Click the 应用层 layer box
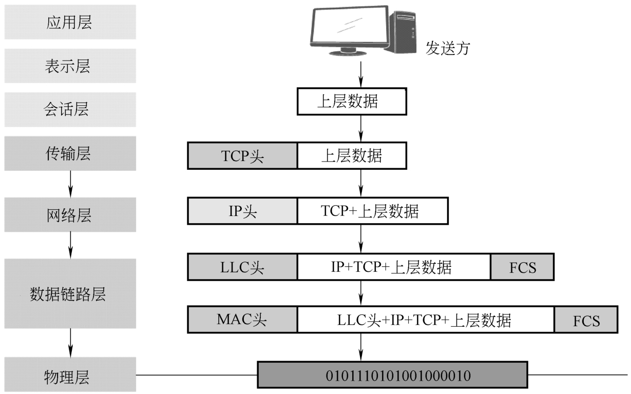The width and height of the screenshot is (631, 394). tap(70, 22)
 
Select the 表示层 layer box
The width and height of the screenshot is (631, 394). tap(70, 66)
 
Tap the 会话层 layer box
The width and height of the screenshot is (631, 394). tap(70, 109)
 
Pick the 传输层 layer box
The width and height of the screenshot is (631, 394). tap(70, 153)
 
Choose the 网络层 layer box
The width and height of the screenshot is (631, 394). tap(70, 215)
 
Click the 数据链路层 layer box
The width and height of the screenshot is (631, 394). tap(70, 293)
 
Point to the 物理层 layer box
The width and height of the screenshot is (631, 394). tap(70, 375)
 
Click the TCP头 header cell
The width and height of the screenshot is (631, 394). tap(242, 155)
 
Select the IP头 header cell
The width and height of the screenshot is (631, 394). tap(242, 211)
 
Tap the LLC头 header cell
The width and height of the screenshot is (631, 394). tap(242, 267)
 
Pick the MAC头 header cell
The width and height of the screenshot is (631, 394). tap(242, 320)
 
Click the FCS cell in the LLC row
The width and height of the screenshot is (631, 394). tap(523, 267)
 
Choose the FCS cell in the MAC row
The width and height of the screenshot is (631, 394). tap(586, 320)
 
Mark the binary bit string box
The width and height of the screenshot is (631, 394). tap(392, 375)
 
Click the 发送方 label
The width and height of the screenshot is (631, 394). tap(448, 48)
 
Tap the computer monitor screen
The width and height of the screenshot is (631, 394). tap(350, 25)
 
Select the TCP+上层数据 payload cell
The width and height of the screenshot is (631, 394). tap(373, 211)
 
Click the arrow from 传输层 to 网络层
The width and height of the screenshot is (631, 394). tap(70, 184)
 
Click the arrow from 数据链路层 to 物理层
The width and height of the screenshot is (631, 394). tap(70, 343)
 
